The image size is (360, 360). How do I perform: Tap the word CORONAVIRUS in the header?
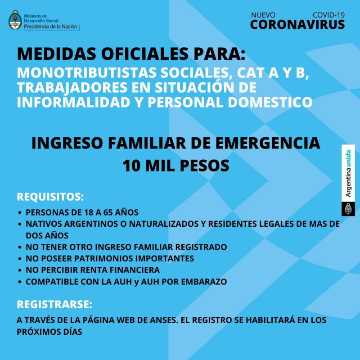click(x=297, y=24)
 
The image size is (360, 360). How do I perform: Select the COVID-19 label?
click(x=328, y=15)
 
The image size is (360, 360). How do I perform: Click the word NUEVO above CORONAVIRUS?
click(x=263, y=15)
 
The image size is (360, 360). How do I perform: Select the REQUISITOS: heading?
click(x=50, y=197)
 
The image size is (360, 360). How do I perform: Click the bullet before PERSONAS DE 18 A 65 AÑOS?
click(x=20, y=212)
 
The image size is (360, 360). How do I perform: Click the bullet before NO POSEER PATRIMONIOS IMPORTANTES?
click(x=20, y=259)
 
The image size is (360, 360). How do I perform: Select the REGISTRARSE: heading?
click(x=54, y=304)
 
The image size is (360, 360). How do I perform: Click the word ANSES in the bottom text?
click(x=157, y=320)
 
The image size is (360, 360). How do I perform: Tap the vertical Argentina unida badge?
click(x=348, y=180)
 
